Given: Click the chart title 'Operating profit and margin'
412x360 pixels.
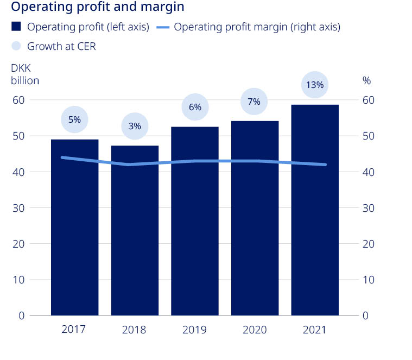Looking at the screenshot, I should tap(98, 8).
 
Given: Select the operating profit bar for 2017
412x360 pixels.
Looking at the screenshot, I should tap(74, 228).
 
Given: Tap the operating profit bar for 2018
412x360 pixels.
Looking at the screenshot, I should tap(135, 231).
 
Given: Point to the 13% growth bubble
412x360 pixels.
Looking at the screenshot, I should tap(315, 85).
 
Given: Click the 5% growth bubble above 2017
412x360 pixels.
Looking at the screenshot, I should tap(74, 119).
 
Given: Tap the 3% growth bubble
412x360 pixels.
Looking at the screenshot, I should tap(135, 126).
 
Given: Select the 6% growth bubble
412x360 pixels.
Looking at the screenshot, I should tap(195, 107).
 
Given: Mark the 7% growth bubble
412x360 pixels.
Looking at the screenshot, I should tap(255, 102).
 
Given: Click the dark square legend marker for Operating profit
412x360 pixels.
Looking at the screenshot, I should tap(16, 27).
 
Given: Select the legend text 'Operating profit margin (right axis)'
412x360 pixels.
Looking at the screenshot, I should tap(257, 27).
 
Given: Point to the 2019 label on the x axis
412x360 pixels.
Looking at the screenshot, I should tap(195, 330).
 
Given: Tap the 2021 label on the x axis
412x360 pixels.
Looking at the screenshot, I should tap(315, 330).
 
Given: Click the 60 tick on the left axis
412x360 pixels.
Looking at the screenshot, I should tap(20, 100).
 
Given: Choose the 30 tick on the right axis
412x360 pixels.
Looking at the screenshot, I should tap(369, 208).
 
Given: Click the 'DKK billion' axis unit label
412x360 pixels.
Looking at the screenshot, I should tap(25, 75).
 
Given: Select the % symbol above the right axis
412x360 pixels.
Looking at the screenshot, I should tap(366, 80).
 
